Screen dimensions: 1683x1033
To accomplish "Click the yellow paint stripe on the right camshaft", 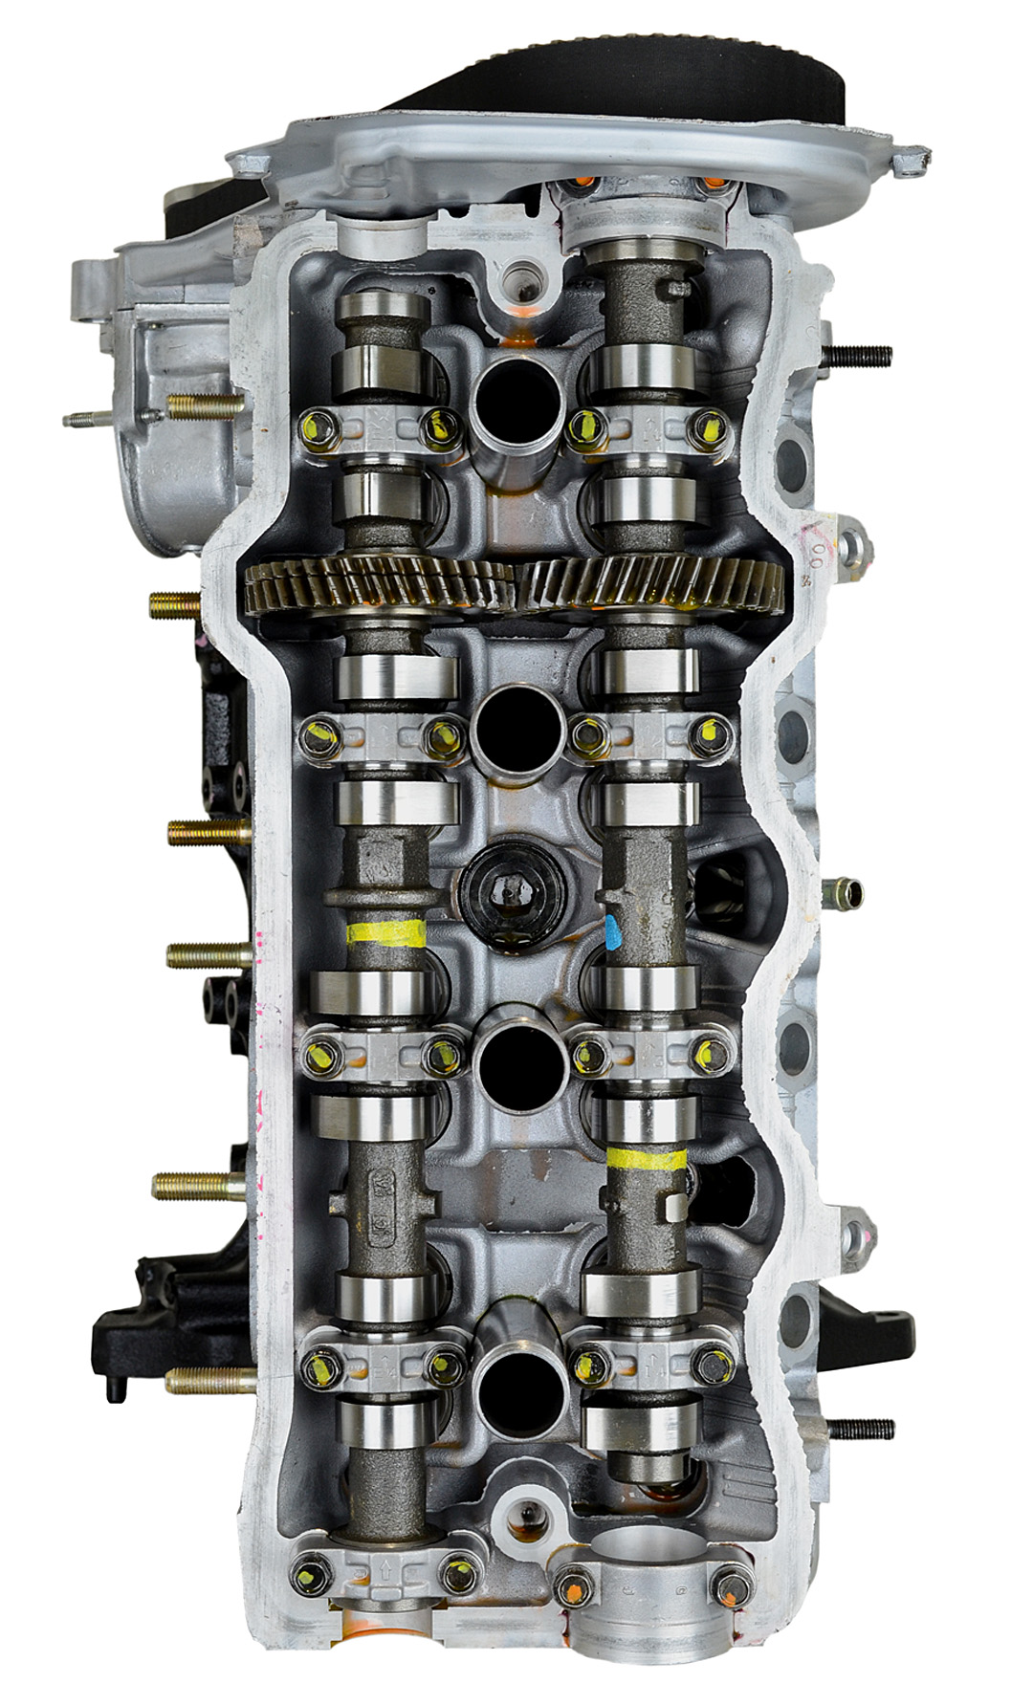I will click(647, 1159).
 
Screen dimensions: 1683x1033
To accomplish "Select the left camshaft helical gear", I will click(378, 584).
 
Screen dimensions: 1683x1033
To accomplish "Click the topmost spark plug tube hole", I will click(516, 394).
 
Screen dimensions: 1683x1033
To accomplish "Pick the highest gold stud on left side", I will click(205, 406).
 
